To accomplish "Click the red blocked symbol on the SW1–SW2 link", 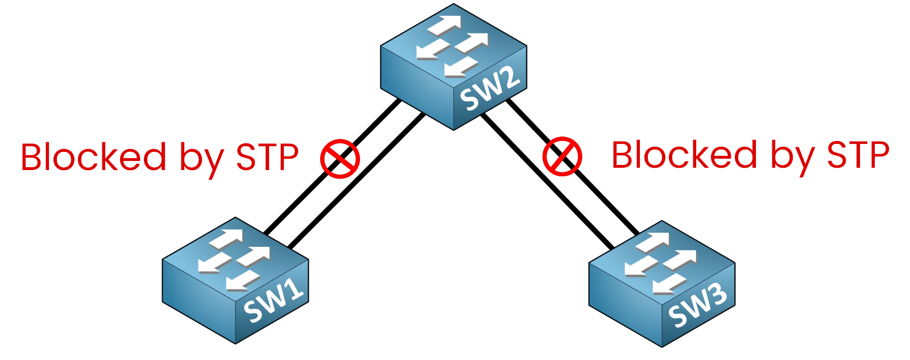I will coord(340,158).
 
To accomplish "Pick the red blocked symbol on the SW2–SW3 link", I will coord(562,156).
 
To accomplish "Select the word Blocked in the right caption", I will coord(684,155).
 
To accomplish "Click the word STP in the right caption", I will coord(858,155).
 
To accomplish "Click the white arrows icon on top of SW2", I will coord(453,45).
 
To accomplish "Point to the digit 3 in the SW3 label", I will coord(718,298).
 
